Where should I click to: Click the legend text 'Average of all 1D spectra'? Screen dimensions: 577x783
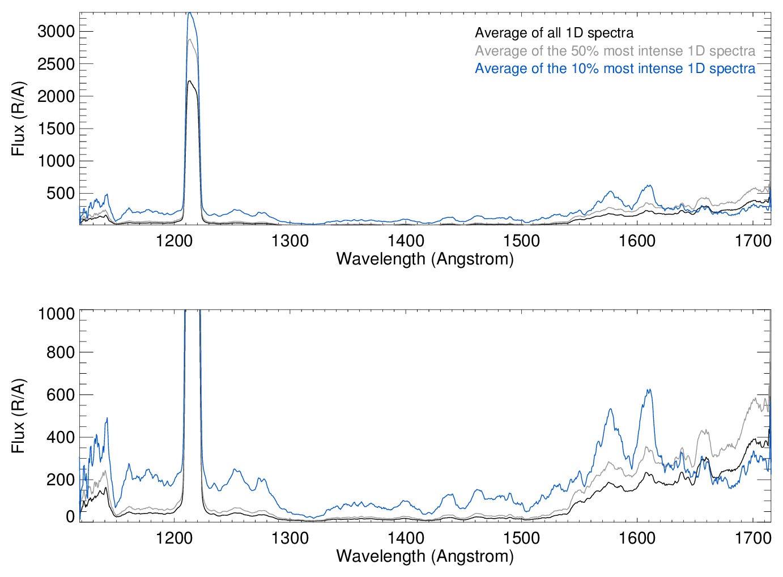coord(554,33)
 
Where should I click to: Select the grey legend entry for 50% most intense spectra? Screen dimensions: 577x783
coord(615,51)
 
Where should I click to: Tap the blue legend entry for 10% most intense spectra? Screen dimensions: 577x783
coord(615,69)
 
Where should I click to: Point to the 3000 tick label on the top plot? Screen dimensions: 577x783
coord(56,32)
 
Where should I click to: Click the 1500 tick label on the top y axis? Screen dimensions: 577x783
coord(56,129)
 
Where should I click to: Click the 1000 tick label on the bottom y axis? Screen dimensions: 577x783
coord(56,313)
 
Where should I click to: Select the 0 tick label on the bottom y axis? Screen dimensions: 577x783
coord(70,516)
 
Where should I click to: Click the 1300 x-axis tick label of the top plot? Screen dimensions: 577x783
coord(290,241)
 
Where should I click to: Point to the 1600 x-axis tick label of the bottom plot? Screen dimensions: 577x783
coord(637,537)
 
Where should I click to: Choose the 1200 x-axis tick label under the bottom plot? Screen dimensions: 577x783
coord(174,537)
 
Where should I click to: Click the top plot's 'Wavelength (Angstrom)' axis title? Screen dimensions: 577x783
coord(425,259)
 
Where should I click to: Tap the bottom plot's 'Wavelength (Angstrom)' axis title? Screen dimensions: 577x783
coord(425,556)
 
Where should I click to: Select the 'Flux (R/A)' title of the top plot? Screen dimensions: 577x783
coord(19,119)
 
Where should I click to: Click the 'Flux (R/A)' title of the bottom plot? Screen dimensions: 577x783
coord(19,416)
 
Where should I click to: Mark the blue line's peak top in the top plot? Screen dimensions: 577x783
coord(190,13)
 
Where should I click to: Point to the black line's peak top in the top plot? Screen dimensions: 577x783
coord(190,81)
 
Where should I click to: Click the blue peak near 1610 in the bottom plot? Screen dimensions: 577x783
coord(648,390)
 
